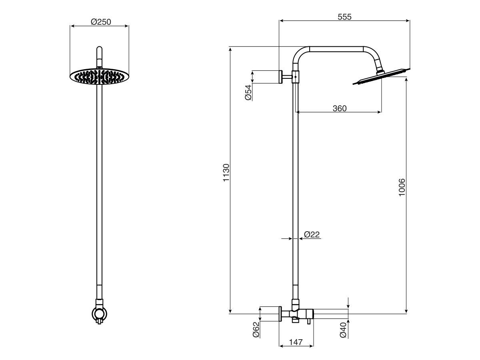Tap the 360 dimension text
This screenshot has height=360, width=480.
coord(339,108)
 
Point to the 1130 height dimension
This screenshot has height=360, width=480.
coord(226,173)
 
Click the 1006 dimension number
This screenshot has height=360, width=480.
coord(402,187)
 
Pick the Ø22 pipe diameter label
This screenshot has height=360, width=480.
coord(312,235)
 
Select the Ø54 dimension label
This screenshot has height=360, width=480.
coord(248,92)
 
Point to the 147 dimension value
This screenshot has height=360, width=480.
coord(296,342)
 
